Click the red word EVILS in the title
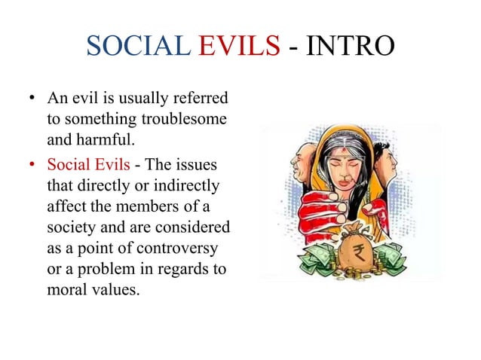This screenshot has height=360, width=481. pyautogui.click(x=239, y=47)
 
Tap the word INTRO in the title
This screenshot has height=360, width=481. pyautogui.click(x=351, y=47)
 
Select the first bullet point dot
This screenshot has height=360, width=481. pyautogui.click(x=32, y=99)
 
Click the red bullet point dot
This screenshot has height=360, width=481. pyautogui.click(x=32, y=164)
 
